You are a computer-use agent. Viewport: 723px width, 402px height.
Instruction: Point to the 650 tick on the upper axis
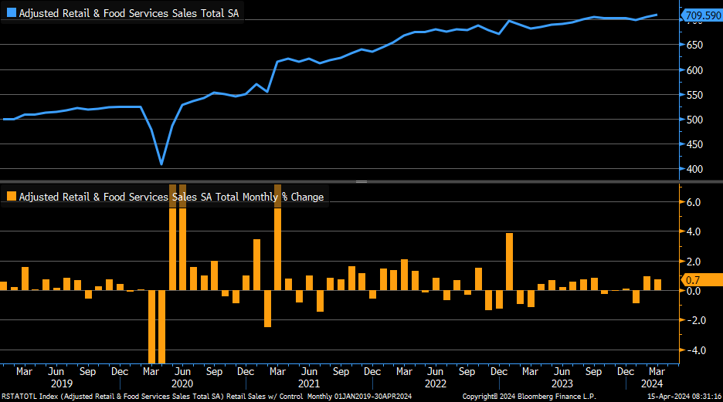pyautogui.click(x=694, y=46)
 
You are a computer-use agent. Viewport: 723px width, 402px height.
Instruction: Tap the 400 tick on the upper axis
pyautogui.click(x=694, y=169)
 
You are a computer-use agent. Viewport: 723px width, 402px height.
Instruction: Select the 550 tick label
pyautogui.click(x=694, y=95)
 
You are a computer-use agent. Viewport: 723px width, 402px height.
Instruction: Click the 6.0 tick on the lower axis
pyautogui.click(x=693, y=202)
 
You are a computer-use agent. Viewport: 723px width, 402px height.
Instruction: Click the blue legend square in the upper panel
pyautogui.click(x=11, y=13)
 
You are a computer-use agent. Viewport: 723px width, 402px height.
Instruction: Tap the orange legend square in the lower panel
pyautogui.click(x=11, y=197)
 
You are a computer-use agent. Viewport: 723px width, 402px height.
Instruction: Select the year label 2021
pyautogui.click(x=308, y=383)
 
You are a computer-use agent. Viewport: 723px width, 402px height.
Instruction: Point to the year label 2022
pyautogui.click(x=436, y=383)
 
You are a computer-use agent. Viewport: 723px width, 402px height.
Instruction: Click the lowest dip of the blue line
pyautogui.click(x=161, y=164)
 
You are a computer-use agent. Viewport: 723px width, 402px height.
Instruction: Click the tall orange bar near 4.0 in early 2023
pyautogui.click(x=510, y=262)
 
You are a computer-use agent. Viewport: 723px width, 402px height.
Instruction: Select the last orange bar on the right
pyautogui.click(x=658, y=285)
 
